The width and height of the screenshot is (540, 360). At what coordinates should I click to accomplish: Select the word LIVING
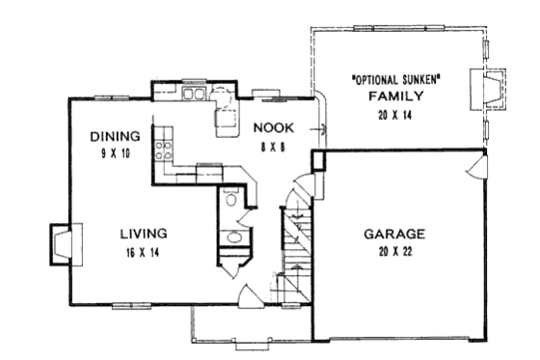pos(144,234)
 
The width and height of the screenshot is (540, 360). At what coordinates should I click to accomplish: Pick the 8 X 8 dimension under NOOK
pos(274,145)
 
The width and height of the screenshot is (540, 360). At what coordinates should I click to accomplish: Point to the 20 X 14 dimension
pos(396,114)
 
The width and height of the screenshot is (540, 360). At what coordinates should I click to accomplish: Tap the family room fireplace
pos(487,91)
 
